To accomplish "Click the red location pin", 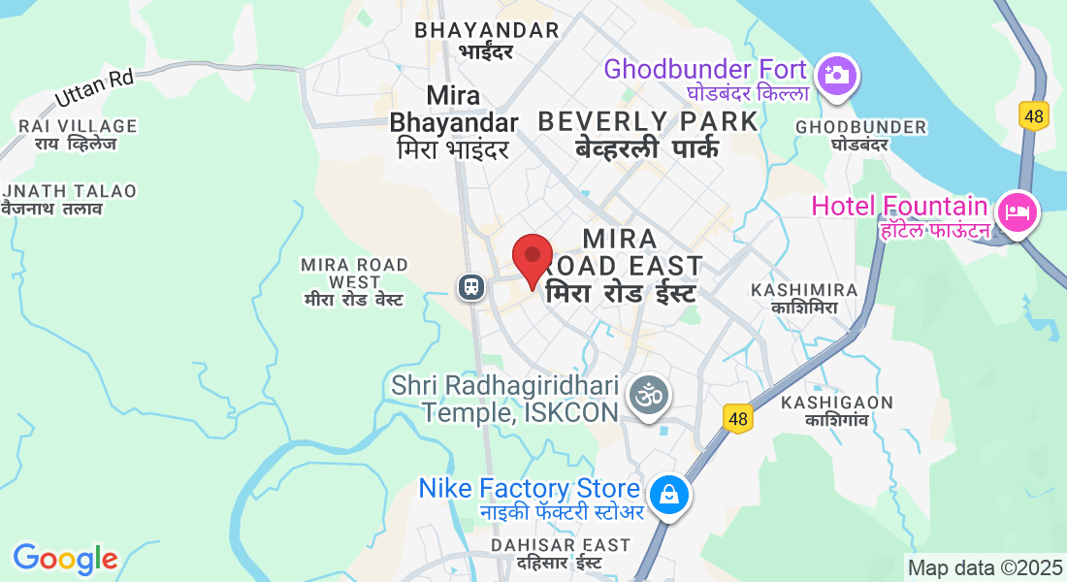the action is coord(532,257).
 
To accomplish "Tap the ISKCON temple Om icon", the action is coord(649,396).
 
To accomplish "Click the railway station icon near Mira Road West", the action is coord(471,286).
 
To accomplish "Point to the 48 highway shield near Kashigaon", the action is coord(739,418).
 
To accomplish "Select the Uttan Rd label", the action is coord(94,89).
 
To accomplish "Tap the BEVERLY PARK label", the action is coord(648,121).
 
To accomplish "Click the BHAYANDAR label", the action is coord(487,30).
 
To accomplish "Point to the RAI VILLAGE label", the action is coord(78,126).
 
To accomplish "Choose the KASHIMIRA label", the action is coord(804,290).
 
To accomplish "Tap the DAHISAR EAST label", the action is coord(561,545).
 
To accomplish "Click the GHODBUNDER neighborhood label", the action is coord(860,127).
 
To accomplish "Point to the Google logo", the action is coord(65,559).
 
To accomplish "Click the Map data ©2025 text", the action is coord(985,567).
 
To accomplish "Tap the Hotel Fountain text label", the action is coord(899,206).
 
